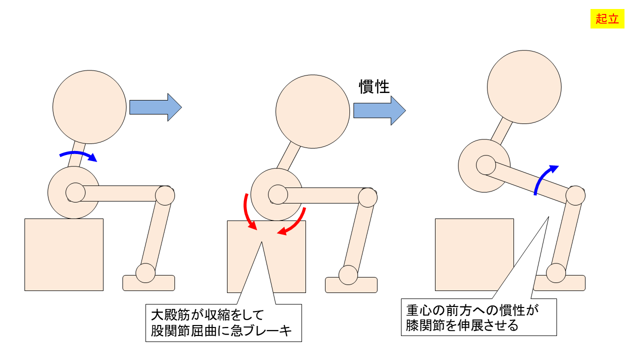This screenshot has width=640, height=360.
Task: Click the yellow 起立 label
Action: coord(607,19)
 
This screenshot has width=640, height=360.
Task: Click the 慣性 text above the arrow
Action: coord(374,86)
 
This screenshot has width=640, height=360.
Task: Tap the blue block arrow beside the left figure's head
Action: coord(155,107)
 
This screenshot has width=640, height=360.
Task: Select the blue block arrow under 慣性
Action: coord(379,110)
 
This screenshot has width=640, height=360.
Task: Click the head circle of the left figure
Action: coord(89,107)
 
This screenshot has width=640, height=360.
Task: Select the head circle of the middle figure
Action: coord(312,111)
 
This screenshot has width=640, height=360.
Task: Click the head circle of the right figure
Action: coord(524,87)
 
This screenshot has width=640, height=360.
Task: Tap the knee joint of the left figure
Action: coord(165,195)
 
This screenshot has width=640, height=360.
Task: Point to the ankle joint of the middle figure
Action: coord(348,275)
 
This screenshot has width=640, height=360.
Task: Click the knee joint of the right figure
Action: coord(575,195)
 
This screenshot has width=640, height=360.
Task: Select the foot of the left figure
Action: coord(148,283)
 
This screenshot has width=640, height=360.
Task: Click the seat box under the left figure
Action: coord(64,255)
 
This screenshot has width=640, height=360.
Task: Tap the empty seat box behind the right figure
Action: coord(474,255)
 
